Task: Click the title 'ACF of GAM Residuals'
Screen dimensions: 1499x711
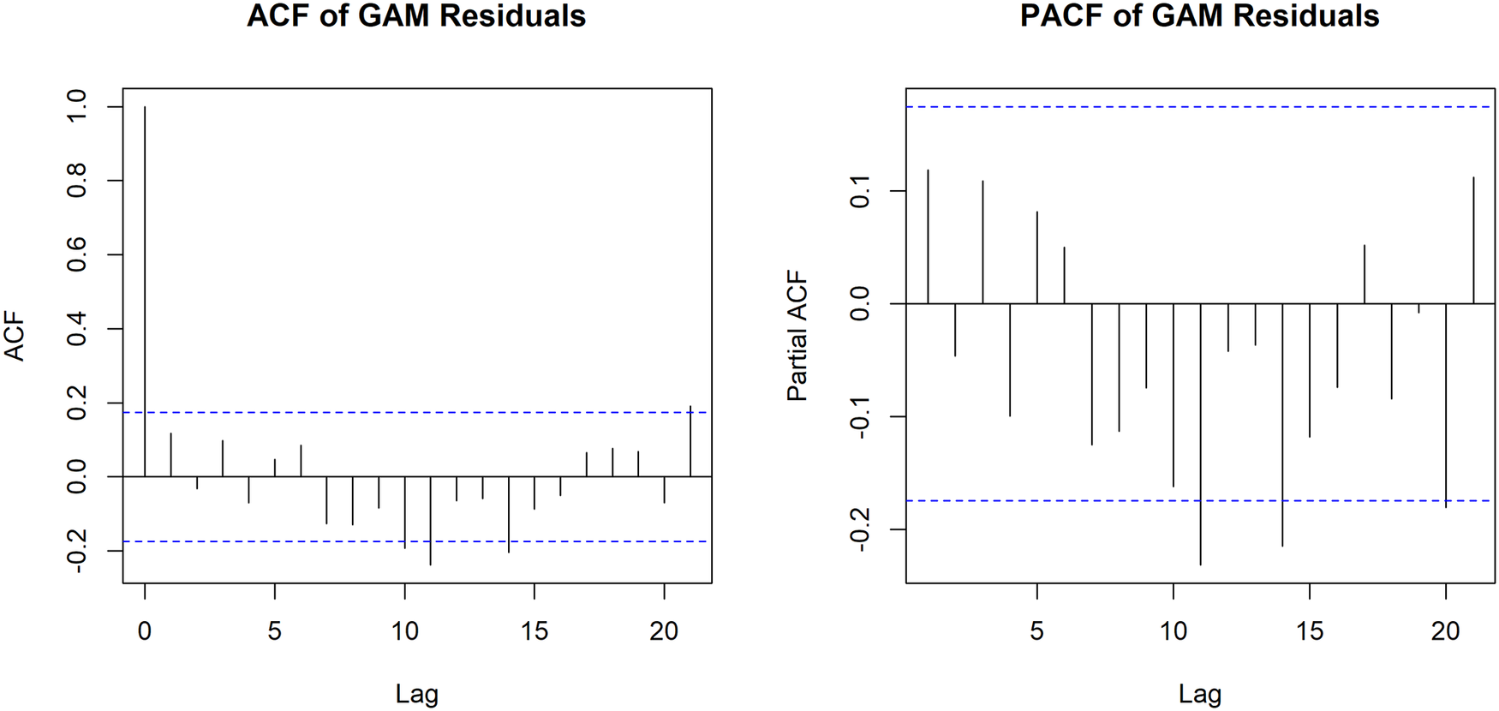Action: tap(416, 15)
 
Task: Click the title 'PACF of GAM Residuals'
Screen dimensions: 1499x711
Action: tap(1199, 15)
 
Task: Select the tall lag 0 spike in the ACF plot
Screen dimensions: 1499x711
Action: tap(145, 291)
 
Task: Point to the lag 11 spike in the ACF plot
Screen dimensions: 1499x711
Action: tap(430, 520)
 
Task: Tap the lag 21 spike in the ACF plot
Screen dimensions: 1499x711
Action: tap(690, 440)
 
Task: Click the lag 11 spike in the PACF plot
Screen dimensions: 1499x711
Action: tap(1200, 434)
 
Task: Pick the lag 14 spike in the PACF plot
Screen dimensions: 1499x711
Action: tap(1282, 425)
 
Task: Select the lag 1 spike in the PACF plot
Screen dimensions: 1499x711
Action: tap(928, 236)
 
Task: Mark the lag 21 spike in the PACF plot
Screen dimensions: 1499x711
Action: tap(1473, 240)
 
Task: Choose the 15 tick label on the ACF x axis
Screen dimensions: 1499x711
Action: tap(534, 632)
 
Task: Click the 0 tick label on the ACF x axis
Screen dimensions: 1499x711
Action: tap(145, 632)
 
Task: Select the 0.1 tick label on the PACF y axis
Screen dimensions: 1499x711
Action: tap(859, 191)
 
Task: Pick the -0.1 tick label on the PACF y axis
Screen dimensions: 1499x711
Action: tap(859, 417)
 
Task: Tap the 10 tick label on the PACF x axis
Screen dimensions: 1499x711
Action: tap(1173, 632)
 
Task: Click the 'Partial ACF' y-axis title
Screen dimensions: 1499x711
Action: tap(797, 337)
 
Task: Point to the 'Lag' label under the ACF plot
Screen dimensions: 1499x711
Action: tap(416, 694)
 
